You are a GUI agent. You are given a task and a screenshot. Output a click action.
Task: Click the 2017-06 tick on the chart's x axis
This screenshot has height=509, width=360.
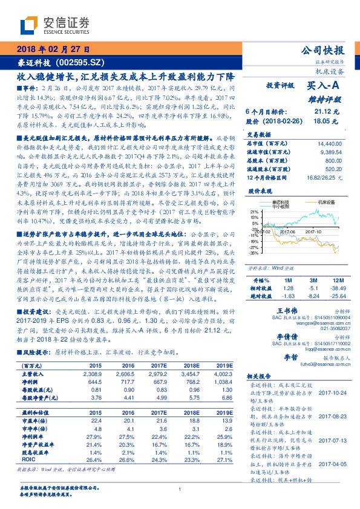(289, 231)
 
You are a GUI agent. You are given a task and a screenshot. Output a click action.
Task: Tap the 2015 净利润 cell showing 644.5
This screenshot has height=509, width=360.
(96, 383)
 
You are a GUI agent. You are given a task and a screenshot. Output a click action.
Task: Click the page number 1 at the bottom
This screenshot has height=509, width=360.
(180, 489)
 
